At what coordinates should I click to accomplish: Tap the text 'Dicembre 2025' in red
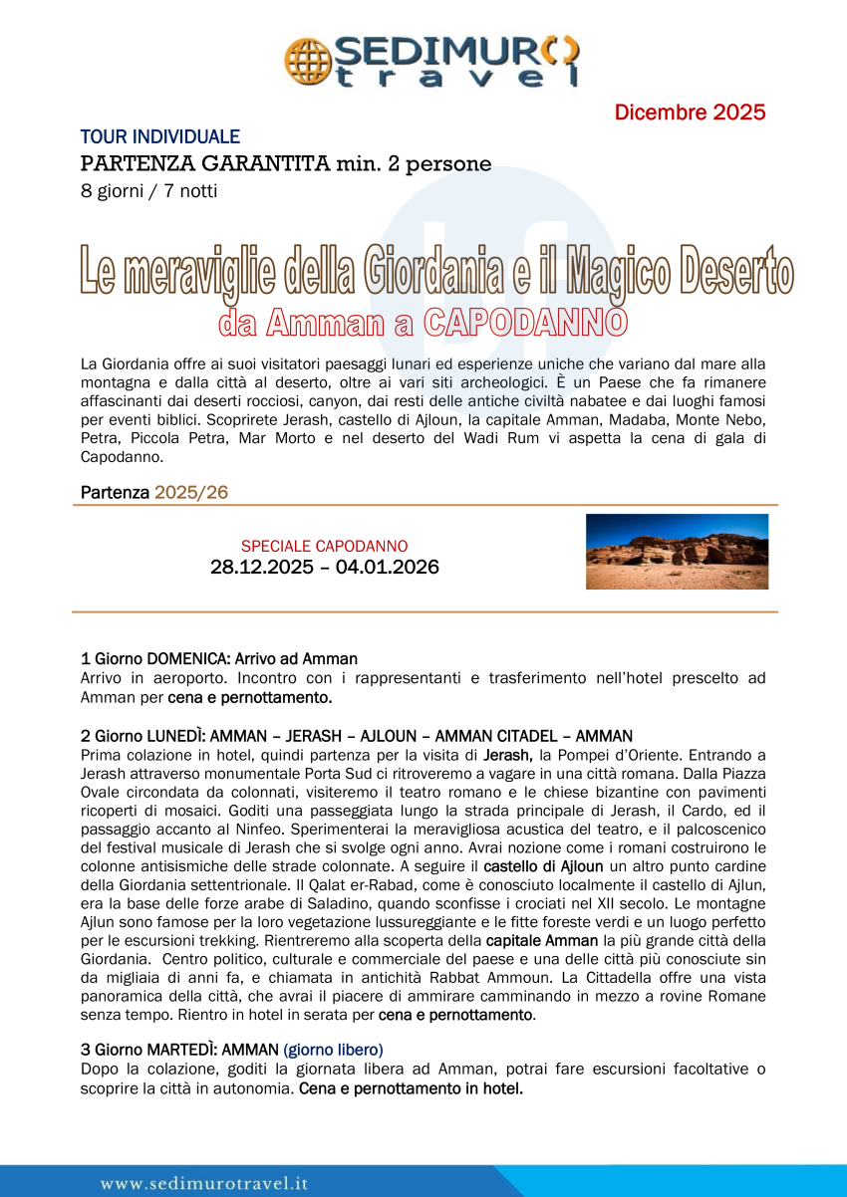690,113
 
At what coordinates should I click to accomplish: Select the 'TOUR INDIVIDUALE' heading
160,137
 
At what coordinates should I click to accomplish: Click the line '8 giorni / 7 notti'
148,191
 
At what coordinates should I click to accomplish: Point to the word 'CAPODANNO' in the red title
525,322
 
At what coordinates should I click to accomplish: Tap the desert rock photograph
677,551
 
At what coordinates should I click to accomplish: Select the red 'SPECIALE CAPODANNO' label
324,547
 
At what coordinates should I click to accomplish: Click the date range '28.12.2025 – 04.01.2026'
324,568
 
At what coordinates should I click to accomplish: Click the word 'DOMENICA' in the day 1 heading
188,659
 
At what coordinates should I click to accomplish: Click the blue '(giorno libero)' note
333,1050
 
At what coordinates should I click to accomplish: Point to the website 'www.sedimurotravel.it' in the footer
204,1184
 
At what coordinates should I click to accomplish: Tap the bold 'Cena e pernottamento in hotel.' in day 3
411,1088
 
